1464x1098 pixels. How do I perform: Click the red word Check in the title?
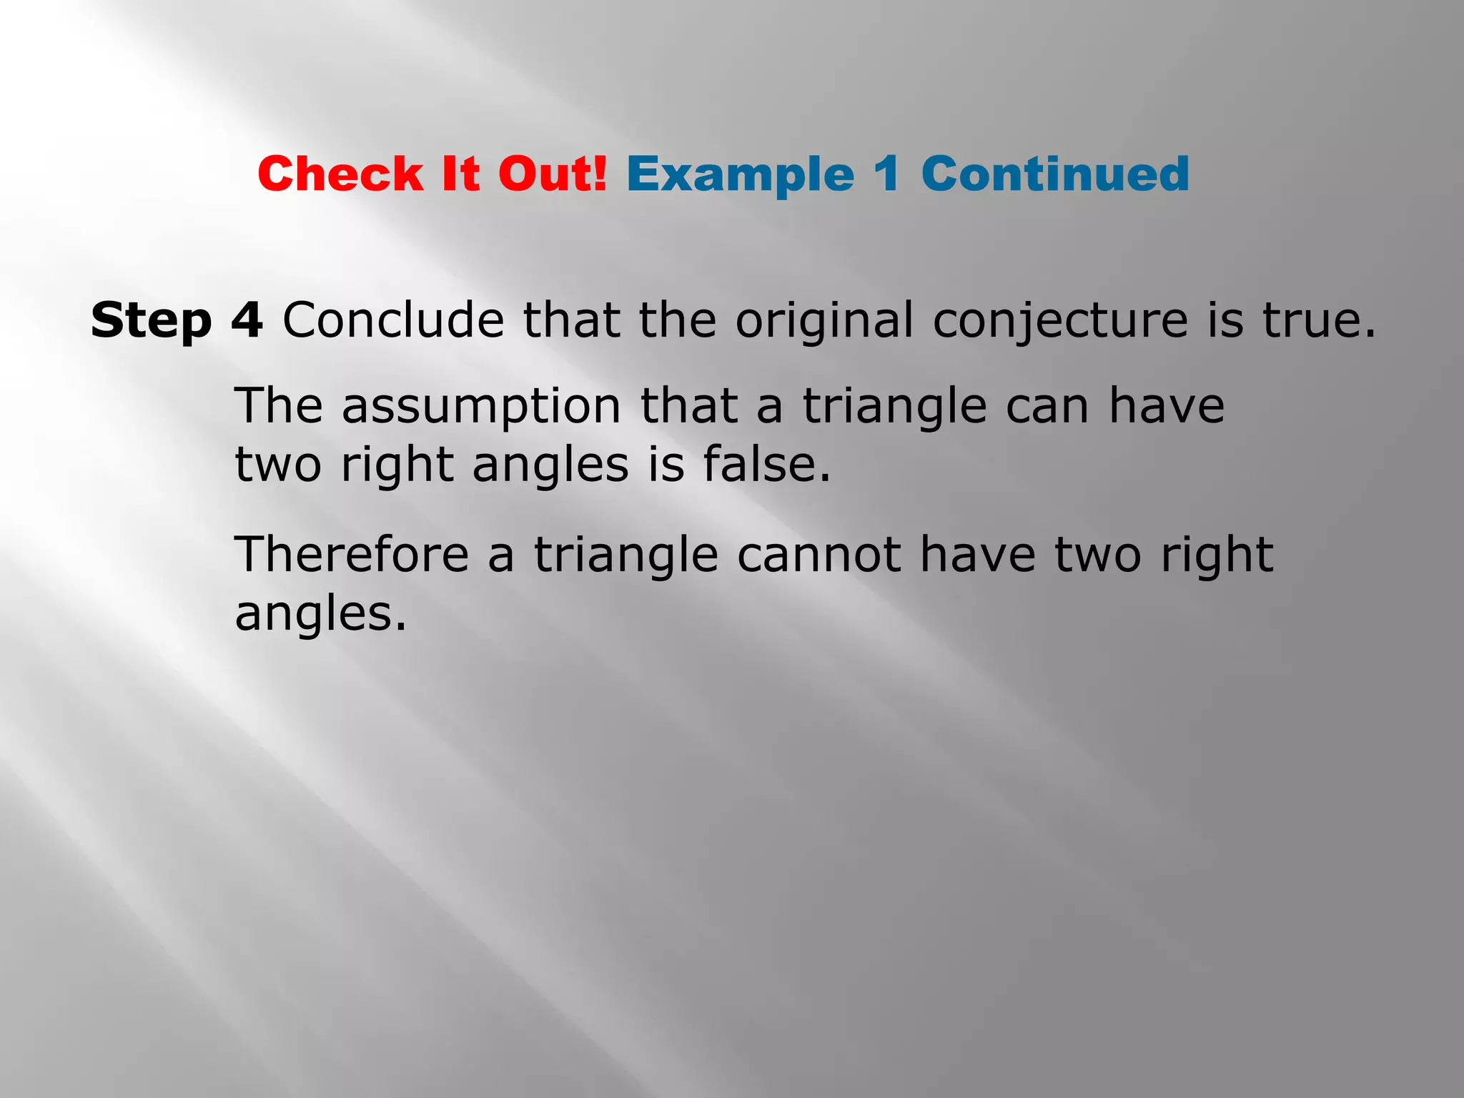coord(340,174)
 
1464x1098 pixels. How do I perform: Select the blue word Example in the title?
coord(741,174)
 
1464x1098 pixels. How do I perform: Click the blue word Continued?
coord(1055,174)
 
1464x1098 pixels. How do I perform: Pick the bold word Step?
coord(152,320)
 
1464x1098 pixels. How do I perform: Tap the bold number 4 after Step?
coord(247,320)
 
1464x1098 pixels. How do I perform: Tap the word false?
coord(766,465)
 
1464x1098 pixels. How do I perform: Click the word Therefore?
coord(352,555)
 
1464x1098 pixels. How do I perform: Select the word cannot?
coord(819,555)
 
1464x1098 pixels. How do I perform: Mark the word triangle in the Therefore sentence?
coord(626,556)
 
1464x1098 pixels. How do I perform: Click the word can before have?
coord(1048,407)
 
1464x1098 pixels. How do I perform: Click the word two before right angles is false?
coord(278,465)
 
